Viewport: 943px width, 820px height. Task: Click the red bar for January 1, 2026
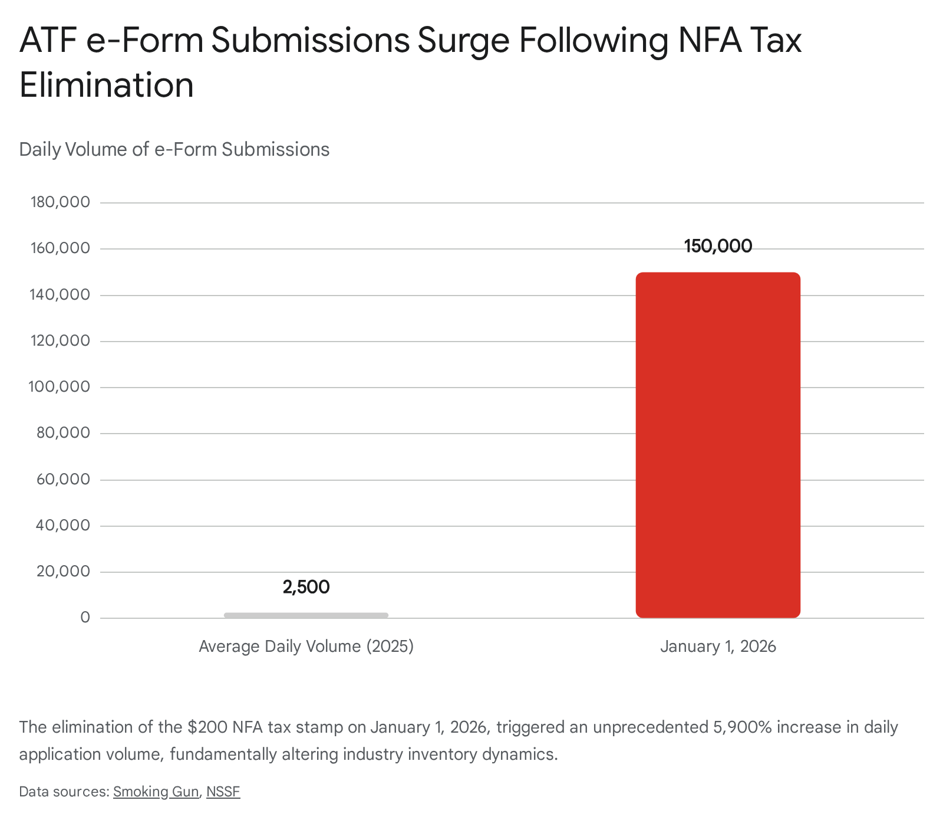718,445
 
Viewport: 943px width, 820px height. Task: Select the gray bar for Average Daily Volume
306,615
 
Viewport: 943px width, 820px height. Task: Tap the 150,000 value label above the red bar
718,246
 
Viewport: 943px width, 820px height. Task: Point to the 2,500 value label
306,587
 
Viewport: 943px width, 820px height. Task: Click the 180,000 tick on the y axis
60,202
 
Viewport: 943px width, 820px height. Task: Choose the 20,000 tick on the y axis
63,572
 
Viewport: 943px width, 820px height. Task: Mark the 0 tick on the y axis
85,618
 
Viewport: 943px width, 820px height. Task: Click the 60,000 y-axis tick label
63,479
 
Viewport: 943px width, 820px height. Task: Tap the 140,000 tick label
60,294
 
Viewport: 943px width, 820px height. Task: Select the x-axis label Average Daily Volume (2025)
306,647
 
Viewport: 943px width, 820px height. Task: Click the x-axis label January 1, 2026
718,647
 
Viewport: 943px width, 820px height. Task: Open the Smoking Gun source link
156,792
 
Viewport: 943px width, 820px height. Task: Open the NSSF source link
223,792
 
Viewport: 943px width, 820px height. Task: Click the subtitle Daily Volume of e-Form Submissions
174,149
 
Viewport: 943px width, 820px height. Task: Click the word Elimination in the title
107,86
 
